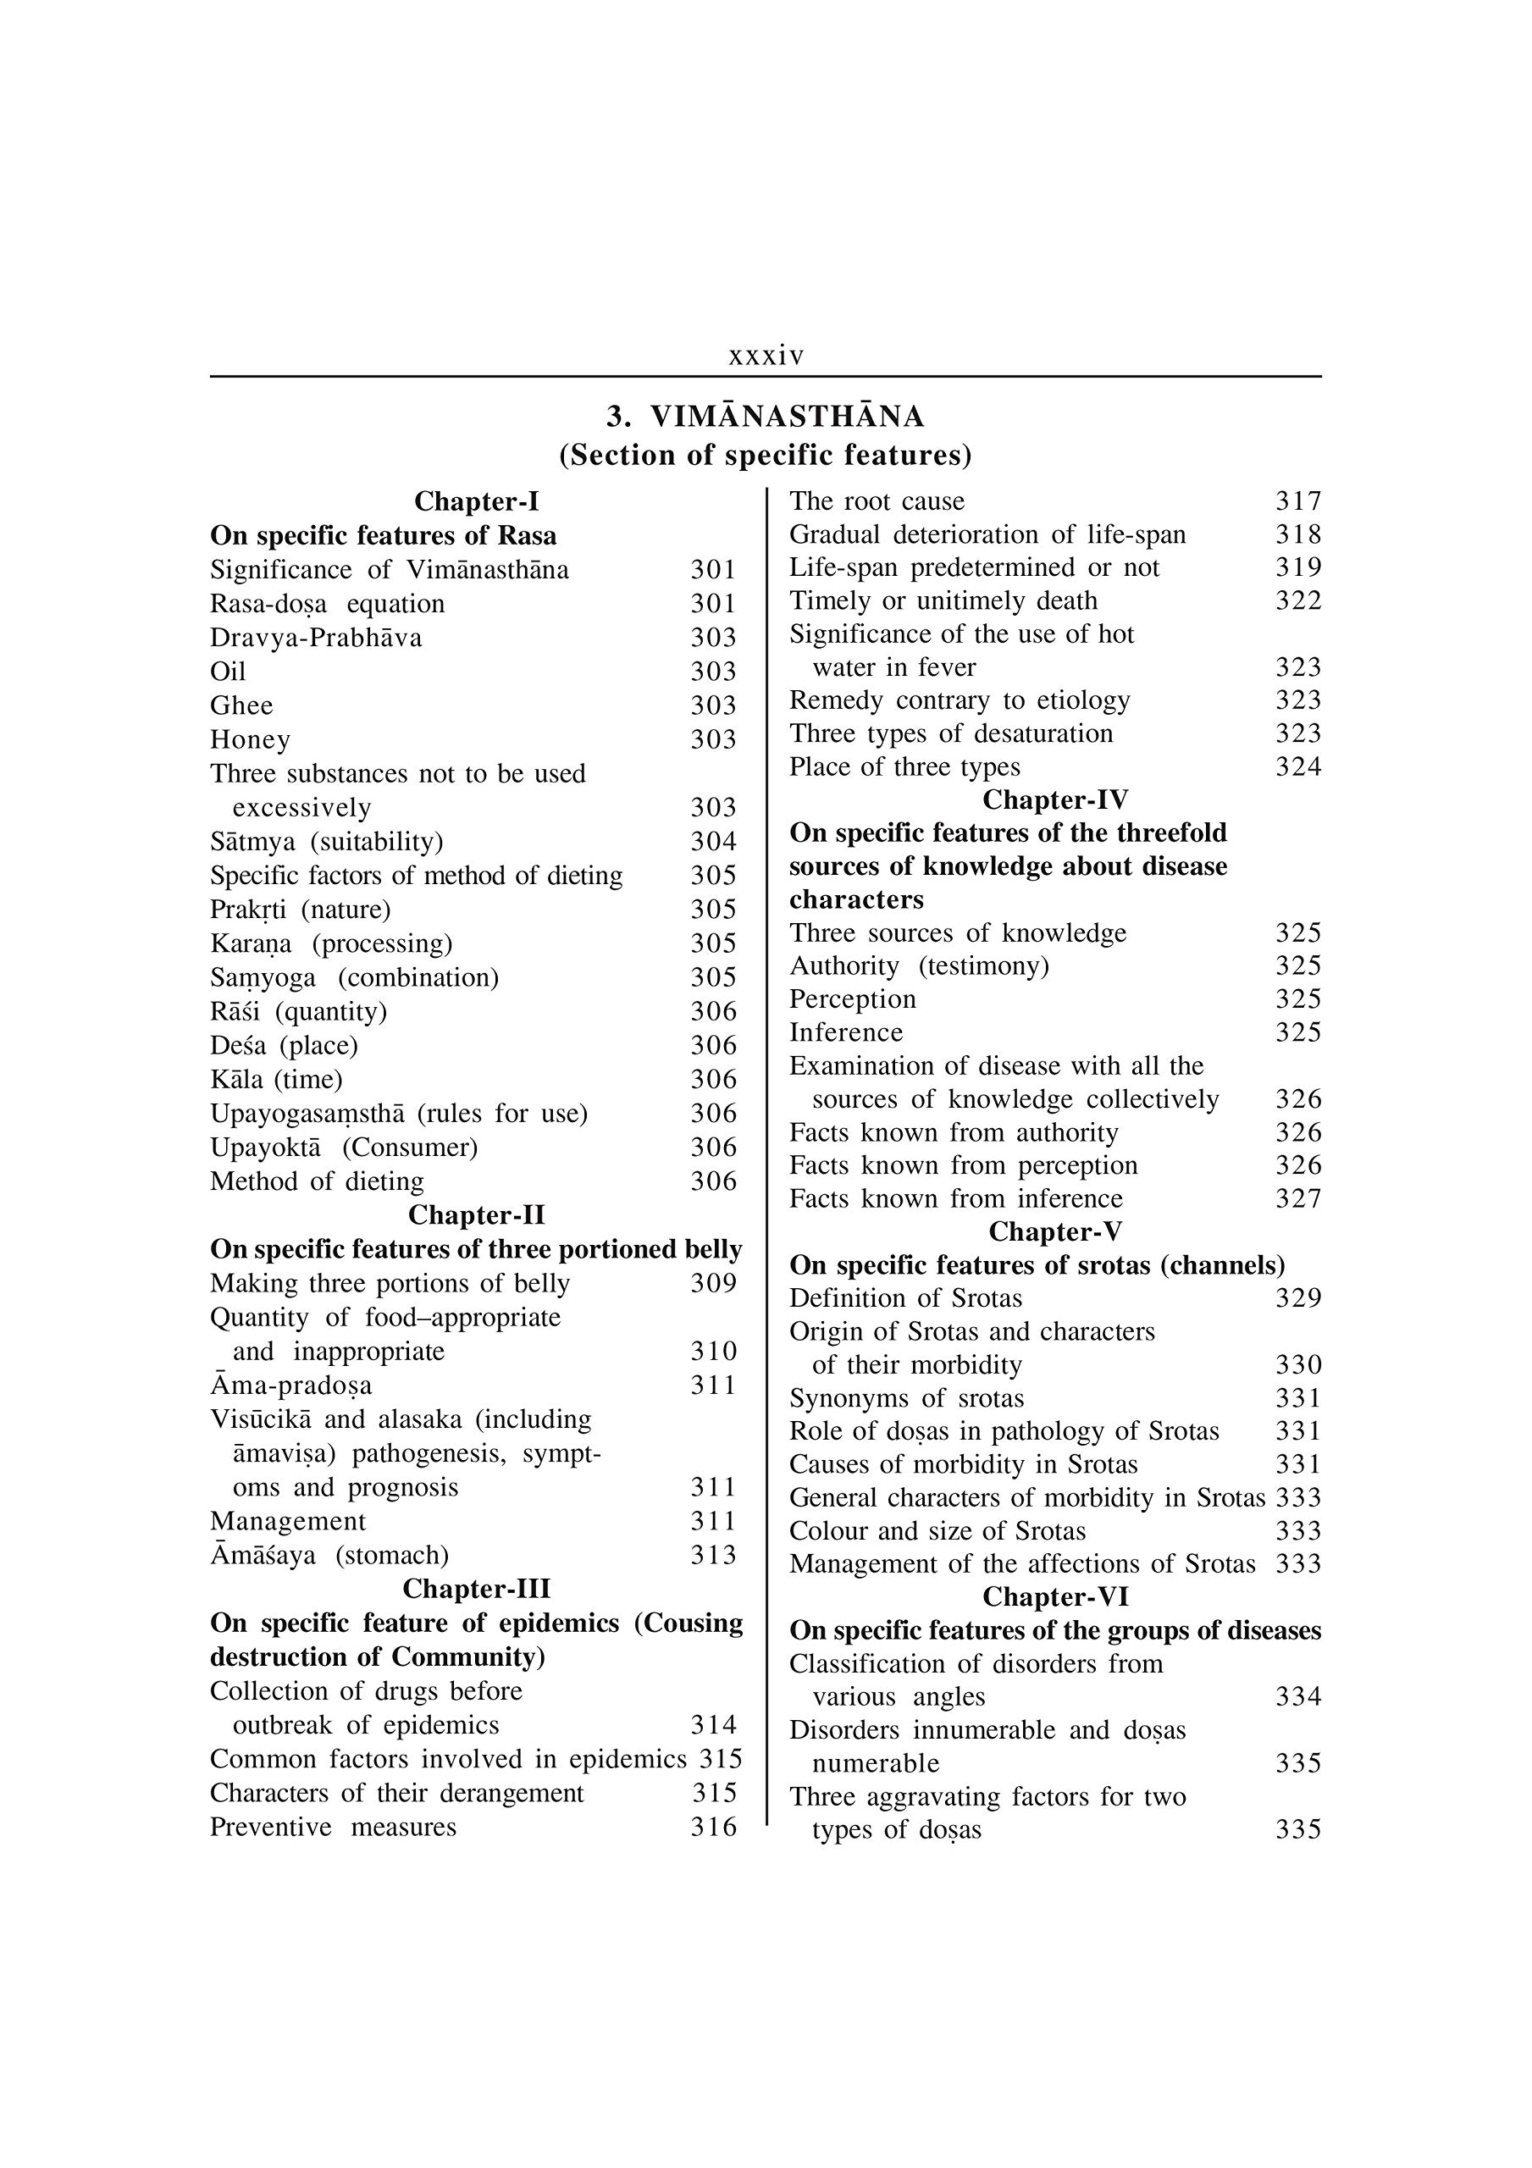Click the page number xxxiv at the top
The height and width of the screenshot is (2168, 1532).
[x=766, y=356]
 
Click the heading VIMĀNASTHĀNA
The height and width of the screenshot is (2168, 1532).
[x=788, y=417]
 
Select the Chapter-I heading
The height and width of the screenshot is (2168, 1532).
[x=476, y=501]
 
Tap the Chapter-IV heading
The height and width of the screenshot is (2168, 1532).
[x=1055, y=799]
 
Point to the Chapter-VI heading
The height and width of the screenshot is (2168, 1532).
[x=1055, y=1596]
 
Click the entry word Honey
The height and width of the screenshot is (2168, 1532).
[x=251, y=739]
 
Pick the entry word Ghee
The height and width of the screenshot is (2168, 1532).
[x=242, y=705]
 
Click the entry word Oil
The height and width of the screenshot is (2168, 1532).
[x=228, y=672]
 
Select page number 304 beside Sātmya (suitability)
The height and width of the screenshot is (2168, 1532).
[x=713, y=841]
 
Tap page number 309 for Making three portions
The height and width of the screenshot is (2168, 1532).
[x=713, y=1283]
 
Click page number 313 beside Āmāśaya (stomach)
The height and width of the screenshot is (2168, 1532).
[x=713, y=1555]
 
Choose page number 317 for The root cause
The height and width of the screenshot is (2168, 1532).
[x=1297, y=501]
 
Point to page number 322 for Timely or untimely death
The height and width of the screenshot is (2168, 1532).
[x=1297, y=600]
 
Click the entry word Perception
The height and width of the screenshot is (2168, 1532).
[x=853, y=999]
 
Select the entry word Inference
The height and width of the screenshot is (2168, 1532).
[x=846, y=1032]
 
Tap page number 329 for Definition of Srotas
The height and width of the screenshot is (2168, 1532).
[x=1297, y=1298]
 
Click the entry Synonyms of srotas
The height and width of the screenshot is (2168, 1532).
[x=907, y=1397]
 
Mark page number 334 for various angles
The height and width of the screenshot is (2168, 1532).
[x=1297, y=1697]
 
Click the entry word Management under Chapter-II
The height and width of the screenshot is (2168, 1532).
[x=288, y=1521]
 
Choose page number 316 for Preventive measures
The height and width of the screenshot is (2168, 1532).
[x=713, y=1827]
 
